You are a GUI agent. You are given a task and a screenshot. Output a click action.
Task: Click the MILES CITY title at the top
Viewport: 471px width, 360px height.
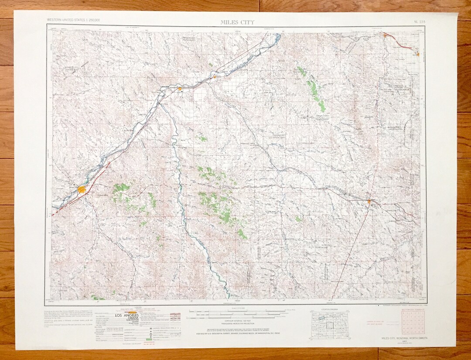[238, 22]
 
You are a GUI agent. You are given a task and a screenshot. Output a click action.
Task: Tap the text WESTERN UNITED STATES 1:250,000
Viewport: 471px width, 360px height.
[73, 21]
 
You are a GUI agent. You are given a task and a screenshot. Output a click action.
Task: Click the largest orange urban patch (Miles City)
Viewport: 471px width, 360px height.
[82, 189]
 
